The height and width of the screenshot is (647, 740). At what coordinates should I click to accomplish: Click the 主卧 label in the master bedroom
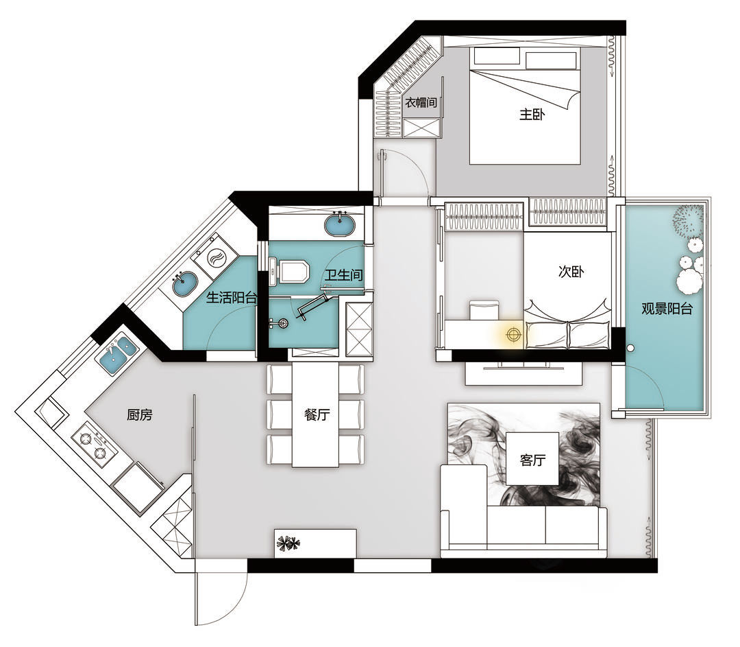click(x=532, y=115)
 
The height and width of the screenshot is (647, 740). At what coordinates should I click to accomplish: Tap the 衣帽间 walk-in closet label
click(x=421, y=102)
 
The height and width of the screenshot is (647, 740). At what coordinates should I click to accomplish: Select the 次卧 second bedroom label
click(x=571, y=272)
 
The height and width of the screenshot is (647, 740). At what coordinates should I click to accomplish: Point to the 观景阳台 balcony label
click(x=667, y=309)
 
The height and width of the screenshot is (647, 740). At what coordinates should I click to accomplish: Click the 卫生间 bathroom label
click(x=343, y=274)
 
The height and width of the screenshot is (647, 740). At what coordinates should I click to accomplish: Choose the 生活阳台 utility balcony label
click(x=232, y=297)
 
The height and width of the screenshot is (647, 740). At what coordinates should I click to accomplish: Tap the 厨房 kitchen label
click(x=140, y=415)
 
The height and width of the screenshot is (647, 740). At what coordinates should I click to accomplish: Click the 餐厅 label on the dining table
click(x=317, y=415)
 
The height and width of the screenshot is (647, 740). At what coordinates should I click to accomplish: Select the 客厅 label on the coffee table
click(x=533, y=460)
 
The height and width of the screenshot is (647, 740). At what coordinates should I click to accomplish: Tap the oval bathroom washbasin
click(x=340, y=224)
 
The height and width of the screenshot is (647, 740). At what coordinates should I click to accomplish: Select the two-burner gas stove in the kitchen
click(x=94, y=446)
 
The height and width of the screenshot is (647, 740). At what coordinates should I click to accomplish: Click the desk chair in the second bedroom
click(x=484, y=309)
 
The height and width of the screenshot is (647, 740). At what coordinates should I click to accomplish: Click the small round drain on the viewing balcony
click(x=630, y=349)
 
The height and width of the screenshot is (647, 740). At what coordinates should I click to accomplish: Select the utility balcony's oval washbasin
click(x=184, y=283)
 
